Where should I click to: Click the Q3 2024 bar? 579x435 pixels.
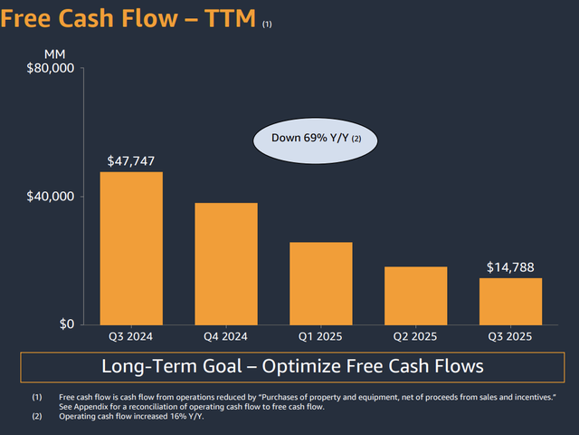click(131, 248)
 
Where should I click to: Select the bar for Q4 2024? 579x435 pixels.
click(226, 264)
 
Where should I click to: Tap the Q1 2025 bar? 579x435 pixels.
click(321, 284)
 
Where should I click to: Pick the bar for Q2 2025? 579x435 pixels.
click(415, 295)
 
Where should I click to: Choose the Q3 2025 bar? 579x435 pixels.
click(510, 301)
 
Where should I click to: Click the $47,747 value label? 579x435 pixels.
click(131, 161)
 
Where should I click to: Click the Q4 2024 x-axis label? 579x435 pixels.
click(226, 336)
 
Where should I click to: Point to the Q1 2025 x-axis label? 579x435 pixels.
click(321, 336)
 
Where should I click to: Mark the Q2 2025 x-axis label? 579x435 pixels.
click(415, 336)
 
